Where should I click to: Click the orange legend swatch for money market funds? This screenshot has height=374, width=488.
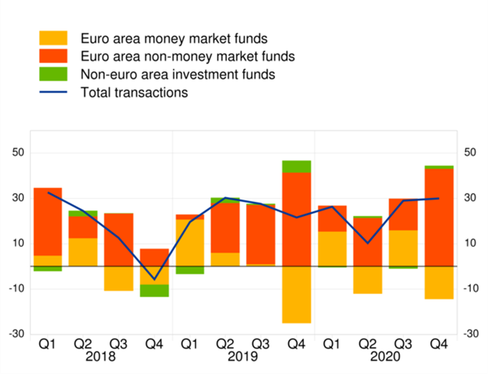[x=53, y=38]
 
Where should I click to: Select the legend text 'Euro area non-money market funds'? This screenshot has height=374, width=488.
[x=187, y=56]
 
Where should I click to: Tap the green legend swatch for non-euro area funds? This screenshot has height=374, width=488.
[x=53, y=74]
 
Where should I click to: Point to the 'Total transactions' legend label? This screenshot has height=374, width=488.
[x=134, y=93]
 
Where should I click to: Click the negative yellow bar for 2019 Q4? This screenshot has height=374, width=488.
[x=297, y=295]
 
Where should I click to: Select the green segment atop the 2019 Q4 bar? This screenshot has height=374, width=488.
[x=297, y=167]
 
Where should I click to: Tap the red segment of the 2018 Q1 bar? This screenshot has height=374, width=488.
[x=48, y=222]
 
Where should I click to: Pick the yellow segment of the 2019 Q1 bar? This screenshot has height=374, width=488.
[x=190, y=243]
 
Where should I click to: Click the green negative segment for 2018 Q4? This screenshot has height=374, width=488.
[x=154, y=291]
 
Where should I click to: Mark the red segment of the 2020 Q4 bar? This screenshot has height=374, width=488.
[x=439, y=217]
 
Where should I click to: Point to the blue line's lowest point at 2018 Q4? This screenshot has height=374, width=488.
[x=154, y=280]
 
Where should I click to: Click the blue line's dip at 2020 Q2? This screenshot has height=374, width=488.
[x=368, y=243]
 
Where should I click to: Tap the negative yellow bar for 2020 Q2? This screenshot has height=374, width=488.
[x=368, y=280]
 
